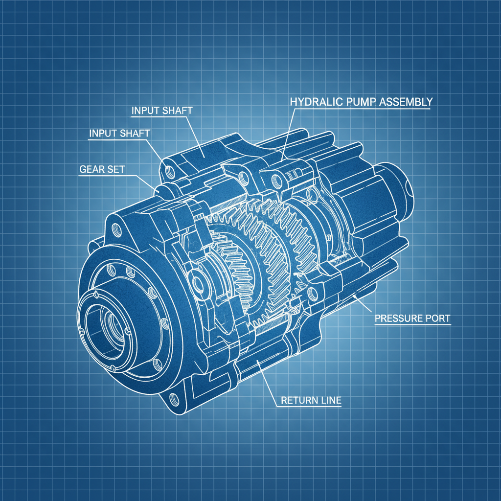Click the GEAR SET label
coord(102,169)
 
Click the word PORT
coord(437,319)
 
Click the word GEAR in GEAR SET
coord(91,169)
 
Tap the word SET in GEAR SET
coord(116,169)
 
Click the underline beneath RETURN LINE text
coord(308,407)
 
